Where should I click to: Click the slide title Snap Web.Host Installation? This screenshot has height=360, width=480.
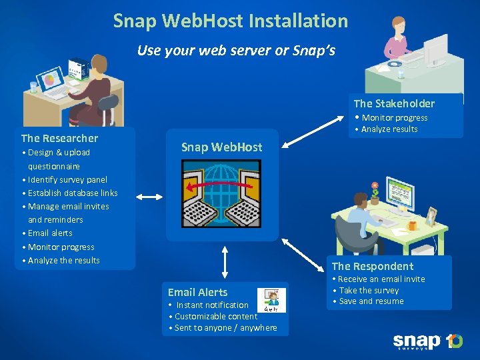tap(231, 21)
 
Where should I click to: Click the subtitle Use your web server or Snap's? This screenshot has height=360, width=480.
tap(236, 51)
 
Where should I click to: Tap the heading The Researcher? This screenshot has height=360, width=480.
tap(59, 139)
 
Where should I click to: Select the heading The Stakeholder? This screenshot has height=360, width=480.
tap(394, 103)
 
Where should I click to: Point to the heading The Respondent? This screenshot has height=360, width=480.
tap(373, 266)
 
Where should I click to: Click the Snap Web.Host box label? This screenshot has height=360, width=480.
tap(221, 147)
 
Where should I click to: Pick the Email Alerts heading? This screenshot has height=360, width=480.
tap(197, 292)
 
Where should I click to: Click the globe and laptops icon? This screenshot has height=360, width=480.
tap(221, 194)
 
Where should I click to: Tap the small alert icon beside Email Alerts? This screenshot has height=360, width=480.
tap(271, 300)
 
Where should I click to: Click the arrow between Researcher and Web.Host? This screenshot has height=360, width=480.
tap(150, 197)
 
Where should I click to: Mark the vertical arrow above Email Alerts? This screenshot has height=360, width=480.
tap(225, 263)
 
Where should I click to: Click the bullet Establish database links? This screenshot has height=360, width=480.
tap(73, 193)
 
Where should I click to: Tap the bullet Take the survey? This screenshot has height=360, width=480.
tap(369, 291)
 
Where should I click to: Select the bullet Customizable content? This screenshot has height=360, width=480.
tap(215, 317)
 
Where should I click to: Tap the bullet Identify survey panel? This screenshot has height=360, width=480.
tap(67, 180)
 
